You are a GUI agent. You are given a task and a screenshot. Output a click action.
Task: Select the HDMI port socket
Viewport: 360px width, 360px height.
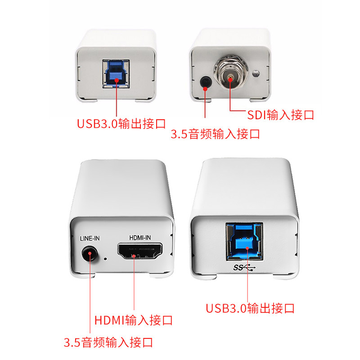pyautogui.click(x=140, y=251)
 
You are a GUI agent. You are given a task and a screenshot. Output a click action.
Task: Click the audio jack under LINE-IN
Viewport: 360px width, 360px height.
pyautogui.click(x=90, y=254)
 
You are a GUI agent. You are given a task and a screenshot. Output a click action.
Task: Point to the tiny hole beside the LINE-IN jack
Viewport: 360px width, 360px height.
pyautogui.click(x=105, y=259)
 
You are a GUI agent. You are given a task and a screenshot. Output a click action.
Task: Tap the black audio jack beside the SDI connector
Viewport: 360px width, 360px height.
pyautogui.click(x=206, y=82)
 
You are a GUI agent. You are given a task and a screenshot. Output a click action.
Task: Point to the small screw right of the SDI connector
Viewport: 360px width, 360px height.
pyautogui.click(x=257, y=73)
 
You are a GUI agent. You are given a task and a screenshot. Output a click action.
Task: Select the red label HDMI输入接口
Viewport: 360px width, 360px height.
pyautogui.click(x=134, y=320)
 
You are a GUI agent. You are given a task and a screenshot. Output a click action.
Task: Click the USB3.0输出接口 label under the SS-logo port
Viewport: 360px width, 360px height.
pyautogui.click(x=250, y=308)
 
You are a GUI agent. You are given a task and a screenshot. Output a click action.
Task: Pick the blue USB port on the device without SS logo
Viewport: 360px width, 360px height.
pyautogui.click(x=116, y=74)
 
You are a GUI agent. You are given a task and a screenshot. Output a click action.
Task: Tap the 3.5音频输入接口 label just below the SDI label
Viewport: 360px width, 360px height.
pyautogui.click(x=216, y=134)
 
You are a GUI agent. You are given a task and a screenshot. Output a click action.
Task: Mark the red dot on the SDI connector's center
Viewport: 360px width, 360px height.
pyautogui.click(x=230, y=79)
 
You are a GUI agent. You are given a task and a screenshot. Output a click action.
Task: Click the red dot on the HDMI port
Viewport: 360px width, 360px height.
pyautogui.click(x=134, y=255)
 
